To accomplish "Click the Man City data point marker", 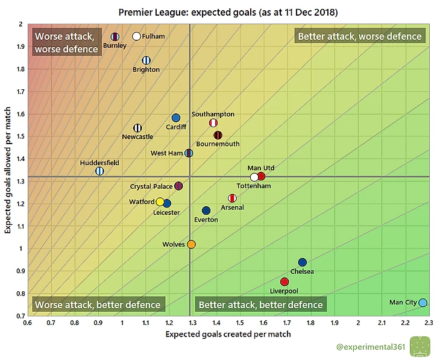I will [x=423, y=303].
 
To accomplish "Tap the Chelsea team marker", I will [x=303, y=262].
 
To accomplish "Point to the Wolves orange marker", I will [x=191, y=244].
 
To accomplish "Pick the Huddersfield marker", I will [x=99, y=171].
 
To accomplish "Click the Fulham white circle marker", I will [x=137, y=37].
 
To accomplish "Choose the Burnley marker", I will [x=115, y=37].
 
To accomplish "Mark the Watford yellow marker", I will [x=160, y=202].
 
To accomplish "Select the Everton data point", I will [x=206, y=210].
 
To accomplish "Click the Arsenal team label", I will [x=232, y=207].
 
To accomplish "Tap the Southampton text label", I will [x=213, y=114].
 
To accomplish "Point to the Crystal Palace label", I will [x=151, y=187].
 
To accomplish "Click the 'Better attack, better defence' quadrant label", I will [x=260, y=305].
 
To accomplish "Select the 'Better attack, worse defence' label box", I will [x=360, y=36].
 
